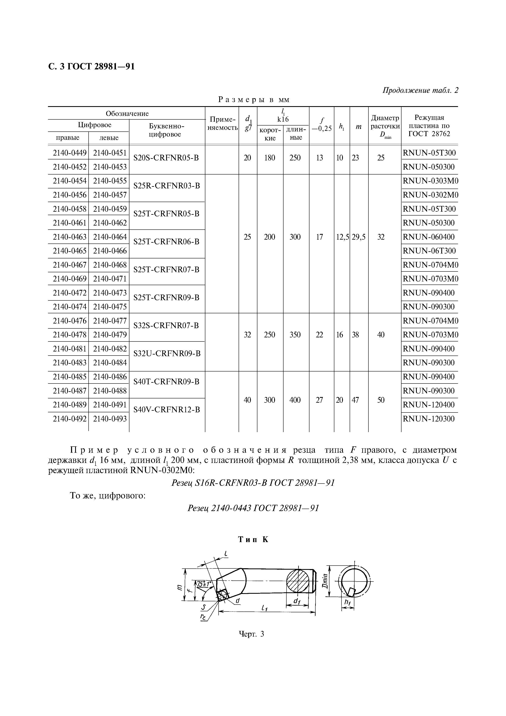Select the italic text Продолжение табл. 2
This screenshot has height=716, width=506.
(x=420, y=90)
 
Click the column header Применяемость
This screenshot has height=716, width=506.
(x=222, y=123)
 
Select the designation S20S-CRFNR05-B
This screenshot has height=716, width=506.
(x=166, y=158)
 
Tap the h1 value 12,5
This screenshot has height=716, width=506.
(x=342, y=237)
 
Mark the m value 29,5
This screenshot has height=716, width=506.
(x=359, y=237)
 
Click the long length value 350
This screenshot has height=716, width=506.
(x=295, y=335)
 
